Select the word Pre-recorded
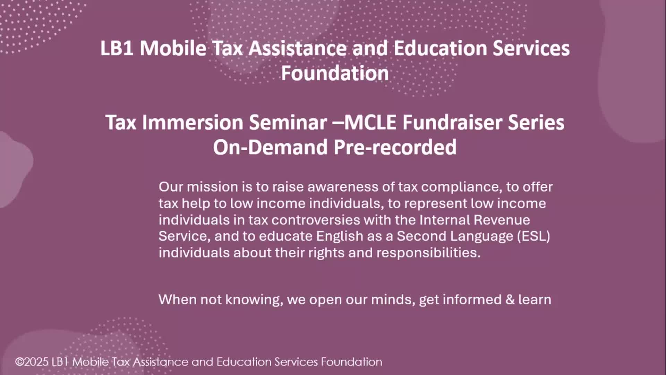click(395, 148)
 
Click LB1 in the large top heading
click(117, 48)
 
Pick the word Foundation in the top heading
click(335, 73)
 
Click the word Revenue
click(502, 220)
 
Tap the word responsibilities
click(428, 253)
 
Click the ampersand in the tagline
click(510, 300)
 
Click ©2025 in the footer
click(32, 362)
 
